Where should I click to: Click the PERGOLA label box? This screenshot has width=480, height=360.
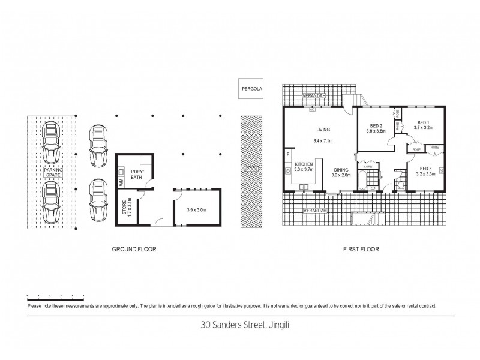pos(249,88)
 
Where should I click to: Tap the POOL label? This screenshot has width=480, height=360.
pos(249,170)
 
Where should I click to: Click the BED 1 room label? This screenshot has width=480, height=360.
pos(423,124)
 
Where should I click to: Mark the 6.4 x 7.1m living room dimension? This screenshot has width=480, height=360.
pos(323,141)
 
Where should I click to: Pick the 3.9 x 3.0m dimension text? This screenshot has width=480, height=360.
pos(197,210)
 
